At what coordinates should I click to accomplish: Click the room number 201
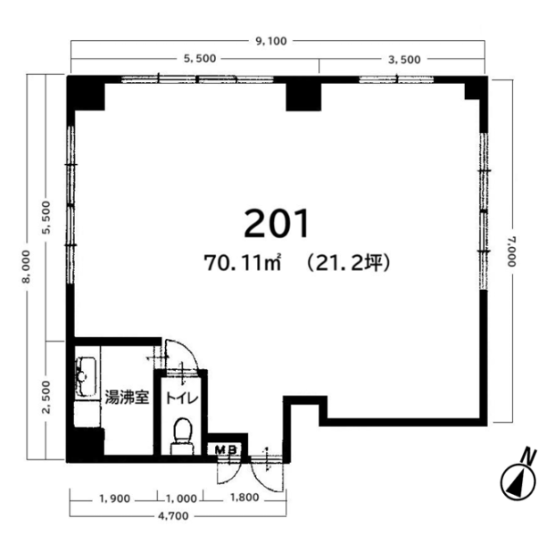click(277, 224)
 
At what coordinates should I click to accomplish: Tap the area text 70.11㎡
click(243, 263)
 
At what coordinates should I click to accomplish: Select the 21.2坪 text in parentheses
click(349, 263)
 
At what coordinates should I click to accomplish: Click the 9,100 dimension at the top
click(271, 41)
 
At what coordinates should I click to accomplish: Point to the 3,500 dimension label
click(404, 60)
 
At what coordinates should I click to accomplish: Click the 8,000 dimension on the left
click(26, 267)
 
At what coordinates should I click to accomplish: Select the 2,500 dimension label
click(46, 397)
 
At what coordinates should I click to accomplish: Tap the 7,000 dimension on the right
click(512, 251)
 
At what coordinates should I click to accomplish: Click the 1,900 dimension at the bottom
click(115, 498)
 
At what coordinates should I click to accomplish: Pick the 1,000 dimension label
click(181, 498)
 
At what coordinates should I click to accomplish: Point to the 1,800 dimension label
click(244, 498)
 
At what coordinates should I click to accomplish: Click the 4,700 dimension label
click(173, 516)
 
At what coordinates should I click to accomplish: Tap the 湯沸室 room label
click(127, 398)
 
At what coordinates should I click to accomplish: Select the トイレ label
click(182, 399)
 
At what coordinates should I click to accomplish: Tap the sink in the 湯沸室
click(86, 376)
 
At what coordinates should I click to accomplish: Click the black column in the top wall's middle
click(303, 96)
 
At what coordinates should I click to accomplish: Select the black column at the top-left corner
click(86, 93)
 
